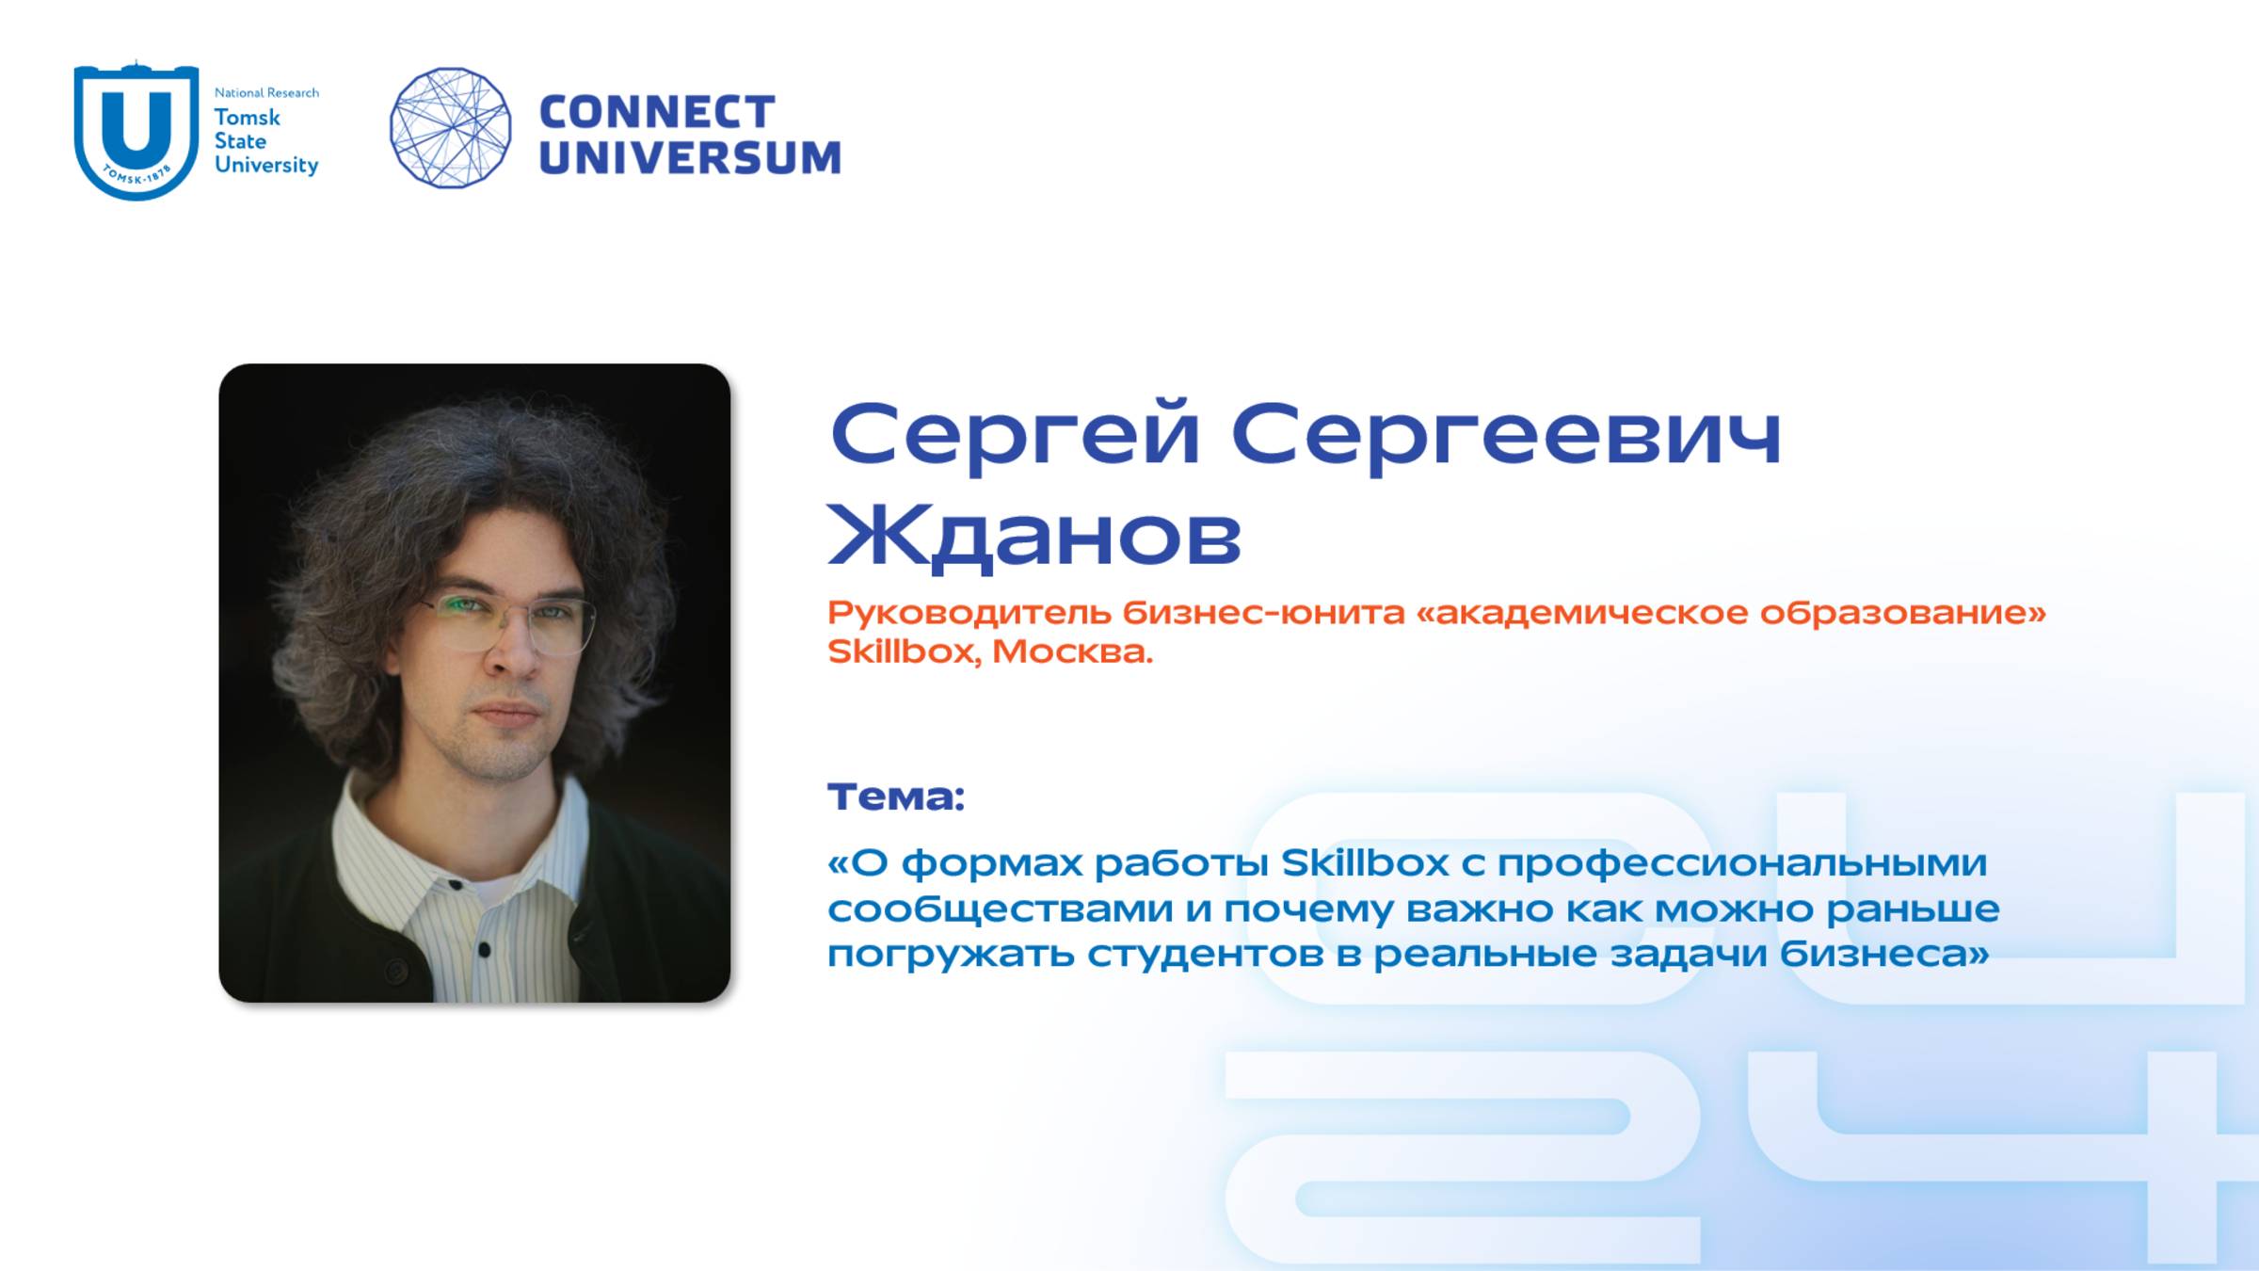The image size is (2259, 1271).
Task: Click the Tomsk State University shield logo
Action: click(x=136, y=130)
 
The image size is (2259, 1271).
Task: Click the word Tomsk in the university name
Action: click(x=247, y=118)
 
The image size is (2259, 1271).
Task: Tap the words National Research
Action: click(x=266, y=92)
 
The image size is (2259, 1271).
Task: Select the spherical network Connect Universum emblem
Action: click(x=450, y=127)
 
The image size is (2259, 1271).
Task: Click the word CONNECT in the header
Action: click(x=657, y=112)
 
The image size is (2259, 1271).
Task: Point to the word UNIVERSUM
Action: click(x=690, y=157)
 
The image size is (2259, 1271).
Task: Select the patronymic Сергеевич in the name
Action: click(x=1506, y=435)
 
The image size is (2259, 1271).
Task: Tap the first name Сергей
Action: click(x=1015, y=435)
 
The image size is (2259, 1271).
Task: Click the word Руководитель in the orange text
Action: click(x=969, y=613)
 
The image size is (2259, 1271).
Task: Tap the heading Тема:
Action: click(x=895, y=796)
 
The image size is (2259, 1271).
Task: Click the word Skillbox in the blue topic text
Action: click(x=1365, y=862)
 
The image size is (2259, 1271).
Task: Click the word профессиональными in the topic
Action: click(x=1741, y=862)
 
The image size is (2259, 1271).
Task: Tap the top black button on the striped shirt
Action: click(x=456, y=886)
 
